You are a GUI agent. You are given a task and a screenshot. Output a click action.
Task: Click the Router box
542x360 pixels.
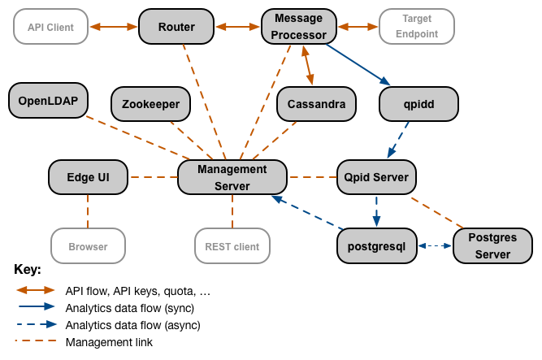176,27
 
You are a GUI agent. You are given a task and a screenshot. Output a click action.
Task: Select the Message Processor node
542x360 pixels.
297,27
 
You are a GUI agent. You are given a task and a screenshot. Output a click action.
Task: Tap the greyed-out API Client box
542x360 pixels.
50,27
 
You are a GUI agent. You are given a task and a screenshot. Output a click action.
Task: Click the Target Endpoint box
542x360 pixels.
416,27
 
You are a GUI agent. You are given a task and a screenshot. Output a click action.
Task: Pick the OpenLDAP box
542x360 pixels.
47,101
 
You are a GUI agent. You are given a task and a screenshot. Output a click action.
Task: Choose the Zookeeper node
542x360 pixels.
150,104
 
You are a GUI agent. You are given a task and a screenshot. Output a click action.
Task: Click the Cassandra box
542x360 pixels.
316,104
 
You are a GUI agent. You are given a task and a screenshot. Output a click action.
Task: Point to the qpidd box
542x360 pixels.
418,104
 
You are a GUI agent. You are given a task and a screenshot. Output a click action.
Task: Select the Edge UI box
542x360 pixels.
88,176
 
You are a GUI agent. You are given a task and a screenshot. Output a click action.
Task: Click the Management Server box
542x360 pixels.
232,177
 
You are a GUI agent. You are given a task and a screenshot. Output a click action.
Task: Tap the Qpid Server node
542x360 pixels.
377,176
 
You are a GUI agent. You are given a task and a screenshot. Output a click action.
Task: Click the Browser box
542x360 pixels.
88,246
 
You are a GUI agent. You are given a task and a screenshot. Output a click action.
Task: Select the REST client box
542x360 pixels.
232,246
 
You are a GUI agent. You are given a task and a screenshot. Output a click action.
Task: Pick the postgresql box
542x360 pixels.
376,245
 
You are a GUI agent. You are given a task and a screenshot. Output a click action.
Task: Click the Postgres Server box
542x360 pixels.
492,246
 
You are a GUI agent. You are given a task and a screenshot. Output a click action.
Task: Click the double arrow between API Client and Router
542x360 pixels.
113,27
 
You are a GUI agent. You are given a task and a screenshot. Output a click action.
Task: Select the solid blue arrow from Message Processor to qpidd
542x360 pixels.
358,63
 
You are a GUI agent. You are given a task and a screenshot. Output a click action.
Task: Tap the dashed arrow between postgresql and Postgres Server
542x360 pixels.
434,245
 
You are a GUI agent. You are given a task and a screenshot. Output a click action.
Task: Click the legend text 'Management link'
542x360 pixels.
109,342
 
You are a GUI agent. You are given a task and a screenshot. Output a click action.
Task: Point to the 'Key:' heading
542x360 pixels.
28,269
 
